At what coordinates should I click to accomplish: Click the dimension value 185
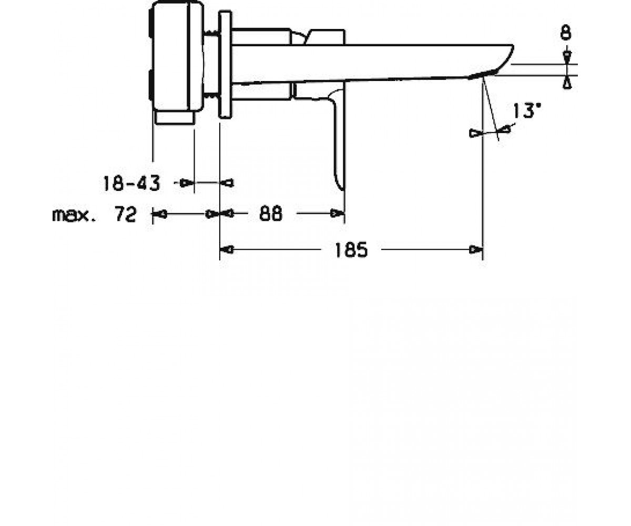click(351, 250)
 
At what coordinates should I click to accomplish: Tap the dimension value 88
click(271, 214)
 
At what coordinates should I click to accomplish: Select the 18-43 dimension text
click(131, 184)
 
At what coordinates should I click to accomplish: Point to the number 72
click(125, 214)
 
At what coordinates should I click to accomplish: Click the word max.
click(74, 215)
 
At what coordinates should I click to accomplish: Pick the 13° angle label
click(527, 110)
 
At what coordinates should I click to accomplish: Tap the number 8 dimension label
click(566, 33)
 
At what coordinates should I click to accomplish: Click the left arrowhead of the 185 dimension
click(227, 250)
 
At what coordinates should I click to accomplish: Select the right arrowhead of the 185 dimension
click(476, 250)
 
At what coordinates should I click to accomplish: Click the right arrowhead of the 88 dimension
click(337, 214)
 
